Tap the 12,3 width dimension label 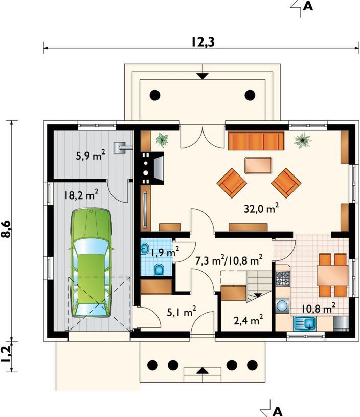(x=203, y=42)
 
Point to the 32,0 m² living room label (x=261, y=209)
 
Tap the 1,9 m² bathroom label (x=165, y=252)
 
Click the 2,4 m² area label (x=249, y=320)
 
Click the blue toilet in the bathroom (x=159, y=270)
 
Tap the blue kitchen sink (x=305, y=324)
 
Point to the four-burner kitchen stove (x=282, y=278)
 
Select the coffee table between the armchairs (x=258, y=166)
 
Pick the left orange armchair (x=232, y=183)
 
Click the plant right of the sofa (x=303, y=140)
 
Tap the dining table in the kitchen (x=332, y=275)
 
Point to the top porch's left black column (x=155, y=95)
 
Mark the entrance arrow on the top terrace (x=203, y=76)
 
